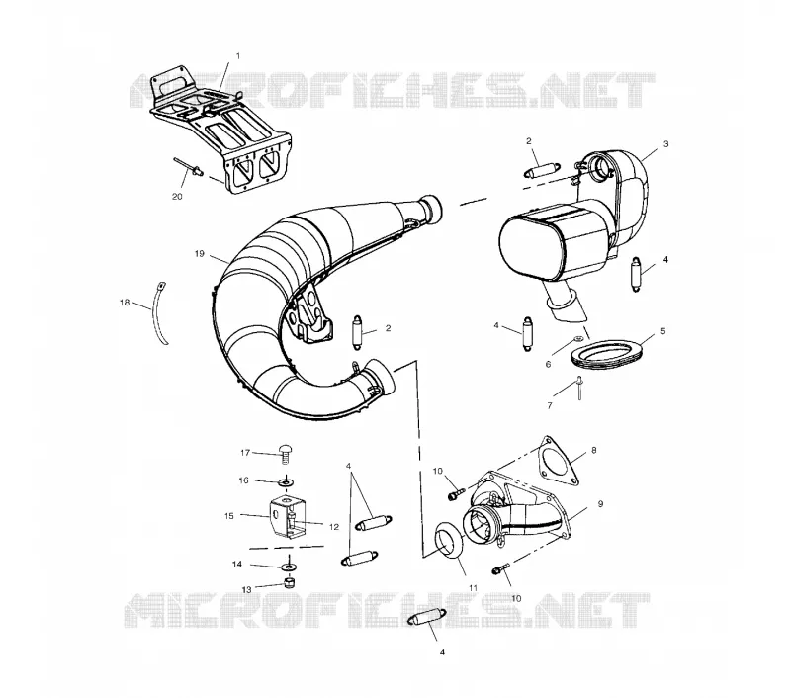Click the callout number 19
tap(200, 254)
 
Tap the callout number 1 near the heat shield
tap(238, 56)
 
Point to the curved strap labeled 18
tap(161, 312)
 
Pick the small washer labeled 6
tap(579, 337)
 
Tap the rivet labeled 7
tap(579, 388)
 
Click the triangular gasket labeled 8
tap(558, 461)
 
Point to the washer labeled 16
tap(287, 482)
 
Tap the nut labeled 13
tap(290, 584)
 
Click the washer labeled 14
tap(288, 567)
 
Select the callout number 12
tap(334, 527)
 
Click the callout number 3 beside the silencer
tap(665, 144)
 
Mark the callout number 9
tap(600, 504)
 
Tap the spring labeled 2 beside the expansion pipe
tap(358, 331)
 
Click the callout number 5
tap(662, 331)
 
